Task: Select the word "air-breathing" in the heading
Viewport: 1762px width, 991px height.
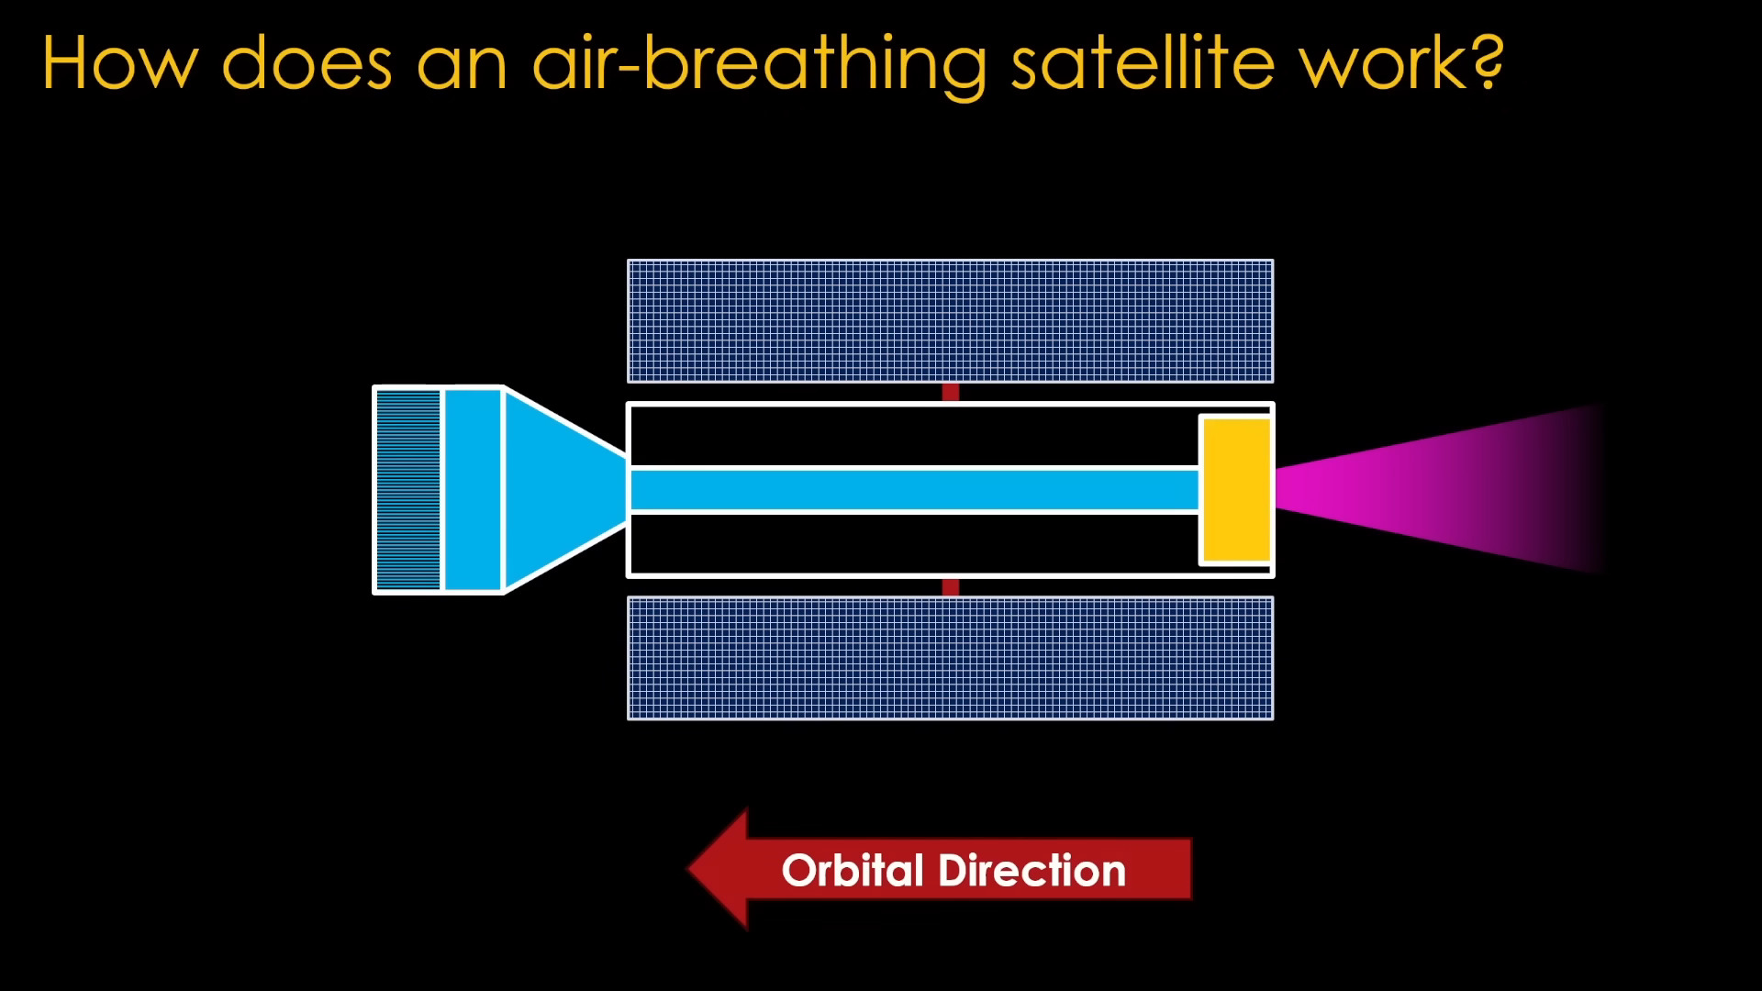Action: pyautogui.click(x=758, y=64)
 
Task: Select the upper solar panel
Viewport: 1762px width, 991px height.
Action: pyautogui.click(x=950, y=321)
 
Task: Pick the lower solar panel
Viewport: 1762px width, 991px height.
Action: pyautogui.click(x=950, y=658)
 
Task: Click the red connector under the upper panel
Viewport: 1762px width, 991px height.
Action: pyautogui.click(x=951, y=393)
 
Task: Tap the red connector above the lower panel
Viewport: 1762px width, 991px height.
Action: pyautogui.click(x=951, y=587)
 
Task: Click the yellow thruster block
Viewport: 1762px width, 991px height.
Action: pyautogui.click(x=1236, y=489)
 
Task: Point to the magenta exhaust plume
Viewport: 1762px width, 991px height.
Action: pyautogui.click(x=1432, y=489)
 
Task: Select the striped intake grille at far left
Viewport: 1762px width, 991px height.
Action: pyautogui.click(x=408, y=489)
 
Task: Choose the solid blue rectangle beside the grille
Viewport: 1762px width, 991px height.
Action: pyautogui.click(x=473, y=489)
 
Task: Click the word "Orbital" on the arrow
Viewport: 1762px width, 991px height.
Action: pyautogui.click(x=853, y=870)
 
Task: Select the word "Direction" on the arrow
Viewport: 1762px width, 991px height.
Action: pyautogui.click(x=1032, y=870)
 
